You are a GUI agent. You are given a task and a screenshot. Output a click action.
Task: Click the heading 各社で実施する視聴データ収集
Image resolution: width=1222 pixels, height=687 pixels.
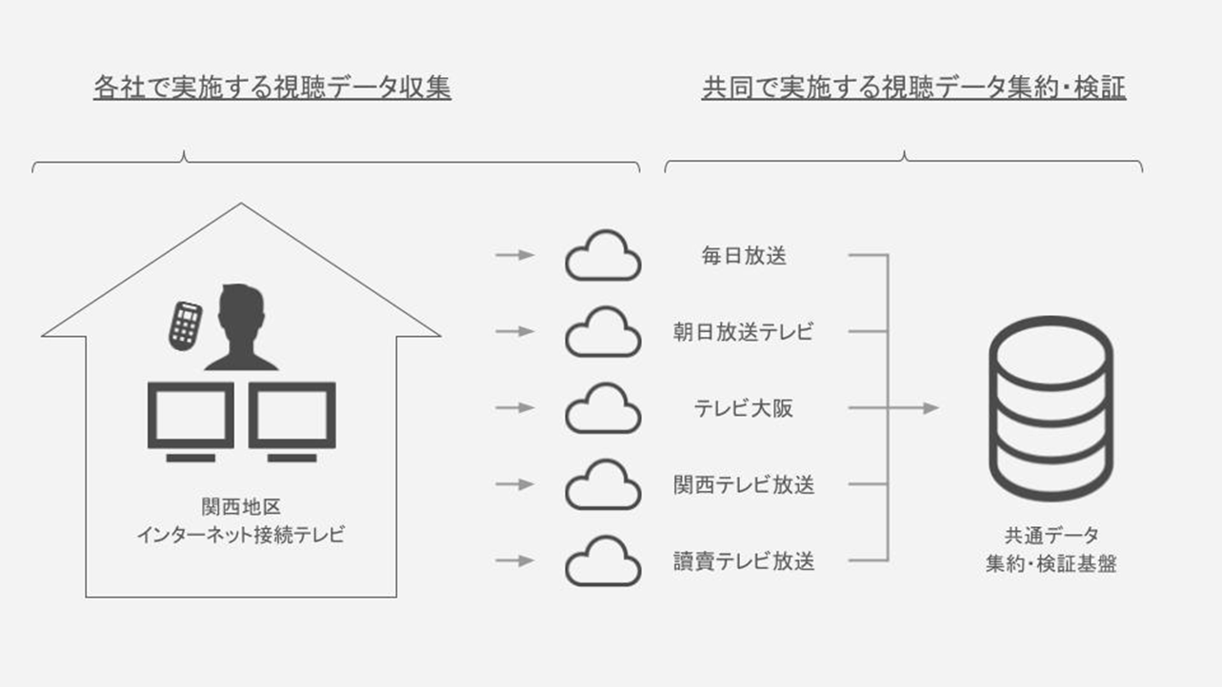[x=272, y=88]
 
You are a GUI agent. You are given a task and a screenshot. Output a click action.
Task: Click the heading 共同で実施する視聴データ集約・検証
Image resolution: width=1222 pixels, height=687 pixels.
[x=913, y=88]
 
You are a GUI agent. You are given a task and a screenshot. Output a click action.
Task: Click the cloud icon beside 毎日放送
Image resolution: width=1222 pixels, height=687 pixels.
[x=603, y=256]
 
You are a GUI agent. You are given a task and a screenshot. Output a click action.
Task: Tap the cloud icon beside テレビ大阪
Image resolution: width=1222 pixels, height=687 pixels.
[x=603, y=408]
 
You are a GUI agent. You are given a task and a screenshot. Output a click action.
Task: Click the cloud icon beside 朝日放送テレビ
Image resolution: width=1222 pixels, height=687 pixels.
[x=603, y=332]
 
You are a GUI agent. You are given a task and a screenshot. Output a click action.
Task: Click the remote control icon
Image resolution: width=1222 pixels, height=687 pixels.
[x=185, y=324]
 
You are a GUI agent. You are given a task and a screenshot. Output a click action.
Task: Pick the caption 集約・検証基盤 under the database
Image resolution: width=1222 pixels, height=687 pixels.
[x=1051, y=563]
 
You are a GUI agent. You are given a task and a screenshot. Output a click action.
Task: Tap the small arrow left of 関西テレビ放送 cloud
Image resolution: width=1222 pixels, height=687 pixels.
[x=515, y=484]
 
